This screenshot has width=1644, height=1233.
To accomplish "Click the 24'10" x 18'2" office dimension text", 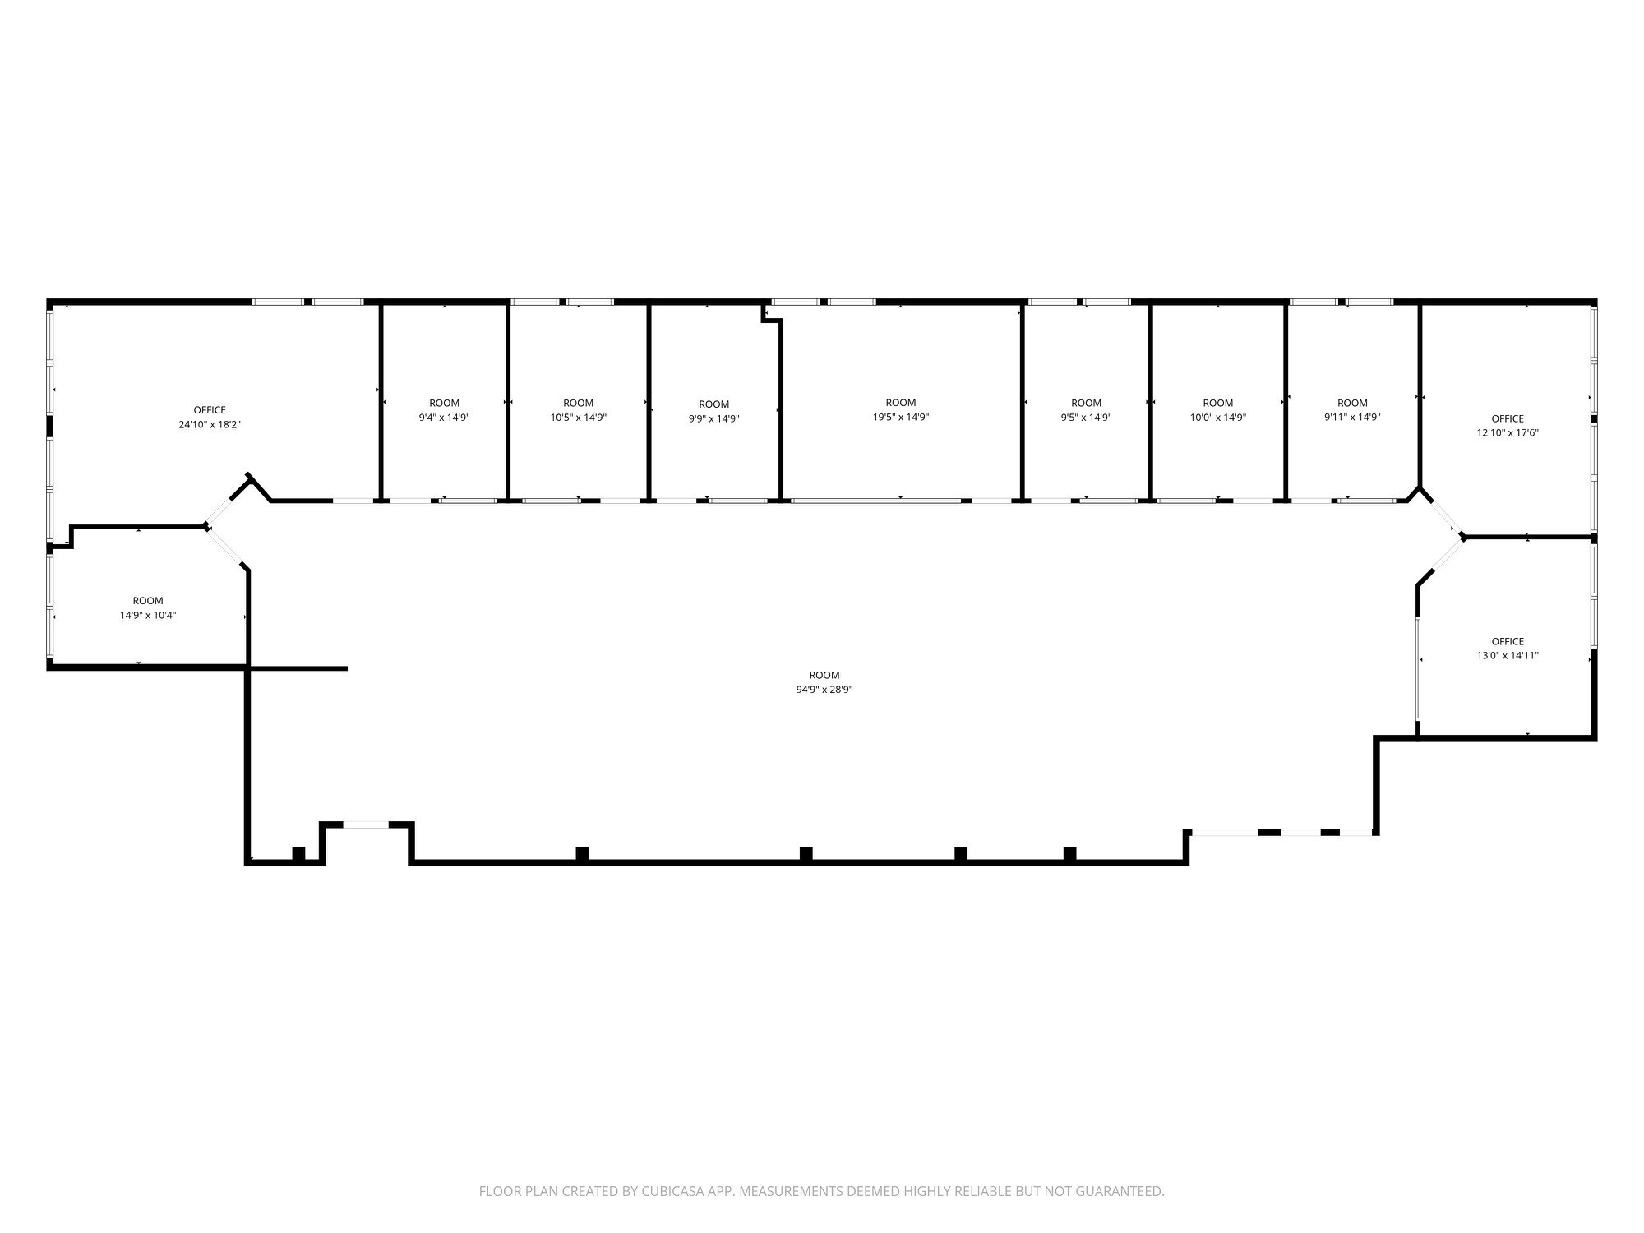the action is [210, 425].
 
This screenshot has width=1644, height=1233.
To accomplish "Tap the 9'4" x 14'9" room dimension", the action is [445, 418].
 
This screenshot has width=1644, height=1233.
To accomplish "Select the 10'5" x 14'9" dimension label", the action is [579, 418].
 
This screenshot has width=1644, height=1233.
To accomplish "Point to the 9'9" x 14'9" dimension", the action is [714, 418].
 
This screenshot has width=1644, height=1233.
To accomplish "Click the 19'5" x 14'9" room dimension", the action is [901, 417].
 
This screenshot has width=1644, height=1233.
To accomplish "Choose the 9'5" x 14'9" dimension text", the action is [1086, 418].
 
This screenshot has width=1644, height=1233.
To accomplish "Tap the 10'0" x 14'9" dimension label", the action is [1218, 418].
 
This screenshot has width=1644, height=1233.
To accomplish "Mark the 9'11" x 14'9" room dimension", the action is [1352, 418].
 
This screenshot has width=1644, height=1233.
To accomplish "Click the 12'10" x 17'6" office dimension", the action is [1508, 432].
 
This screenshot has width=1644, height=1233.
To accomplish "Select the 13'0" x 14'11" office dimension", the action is [1508, 656].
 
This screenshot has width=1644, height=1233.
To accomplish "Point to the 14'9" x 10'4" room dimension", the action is [148, 615].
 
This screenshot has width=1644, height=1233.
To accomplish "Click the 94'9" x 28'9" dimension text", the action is [824, 690].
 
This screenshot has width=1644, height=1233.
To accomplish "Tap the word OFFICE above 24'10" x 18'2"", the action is [210, 410].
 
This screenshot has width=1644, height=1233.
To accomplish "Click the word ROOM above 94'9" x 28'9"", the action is [824, 676].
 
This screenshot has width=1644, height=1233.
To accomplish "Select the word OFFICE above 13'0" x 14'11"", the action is [1508, 642].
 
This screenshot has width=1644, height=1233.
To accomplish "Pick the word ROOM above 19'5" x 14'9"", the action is [901, 403].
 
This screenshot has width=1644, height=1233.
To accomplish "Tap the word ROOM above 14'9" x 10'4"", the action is [148, 601].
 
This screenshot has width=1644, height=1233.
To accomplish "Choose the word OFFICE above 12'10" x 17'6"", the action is [1508, 418].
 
